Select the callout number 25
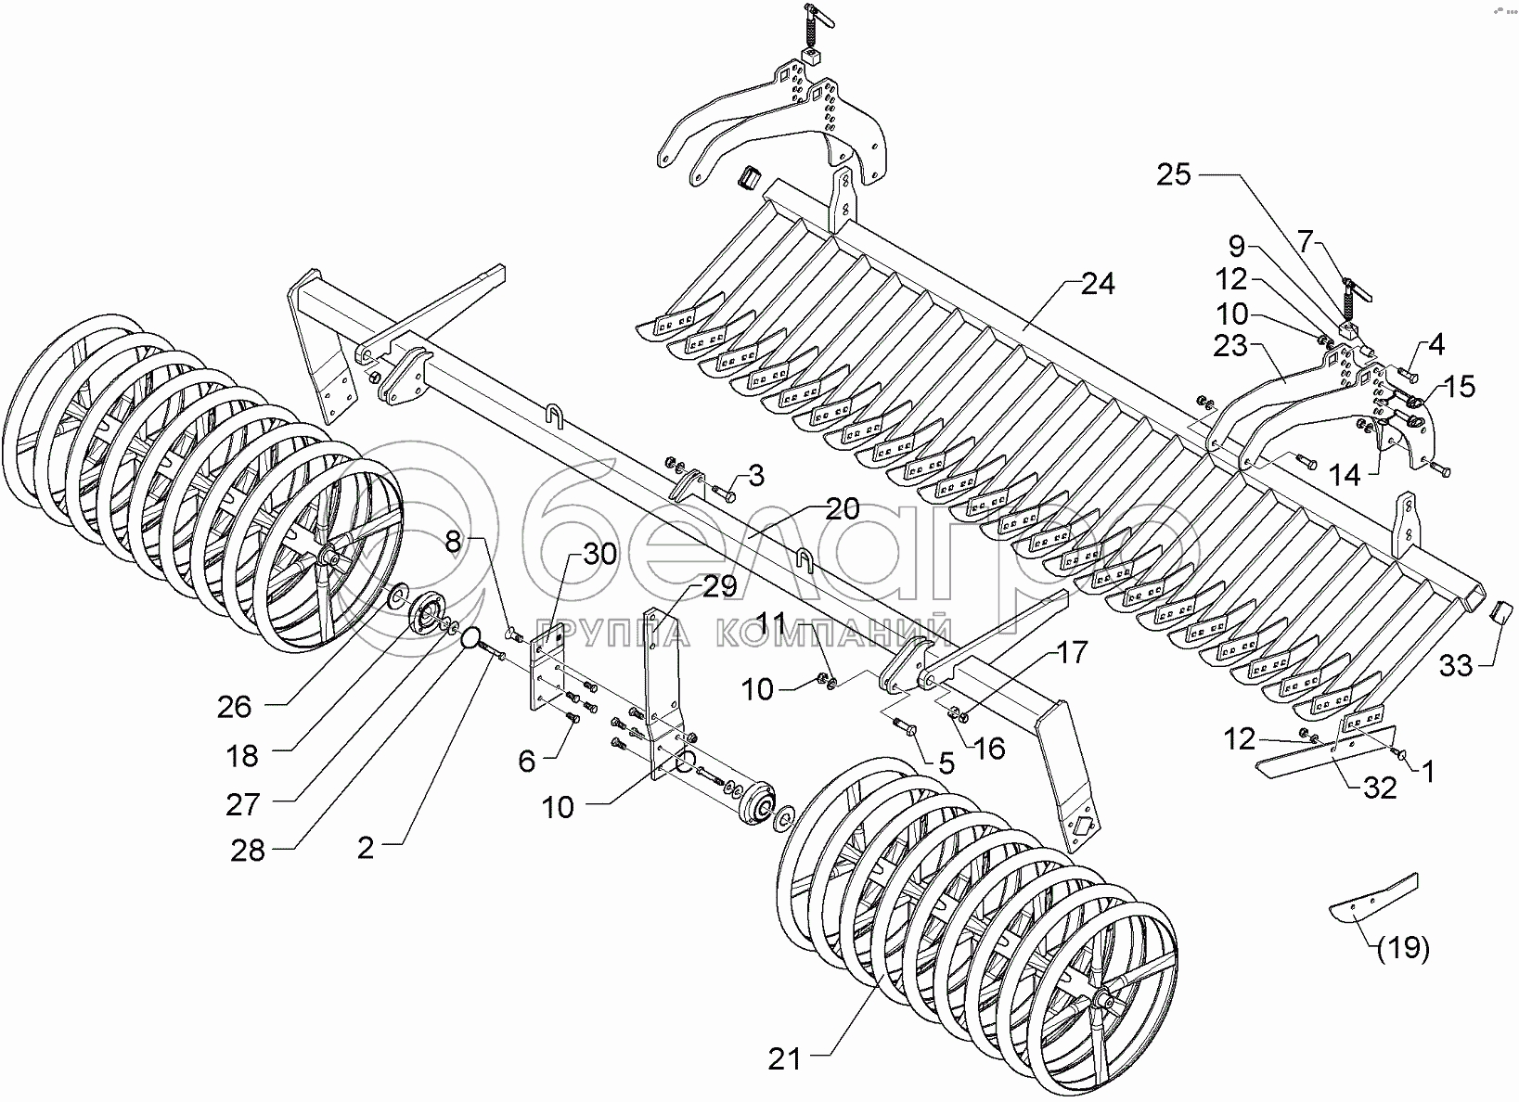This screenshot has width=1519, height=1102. point(1173,174)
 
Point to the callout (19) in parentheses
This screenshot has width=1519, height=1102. point(1403,949)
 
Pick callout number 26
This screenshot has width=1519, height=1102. point(234,707)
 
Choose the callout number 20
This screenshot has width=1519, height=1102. point(842,508)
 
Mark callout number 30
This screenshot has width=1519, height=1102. point(599,555)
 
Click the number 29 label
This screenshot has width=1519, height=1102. point(718,587)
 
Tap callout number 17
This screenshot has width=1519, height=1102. point(1072,654)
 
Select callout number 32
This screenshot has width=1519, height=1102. point(1379,788)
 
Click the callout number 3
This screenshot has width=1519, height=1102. point(756,478)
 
